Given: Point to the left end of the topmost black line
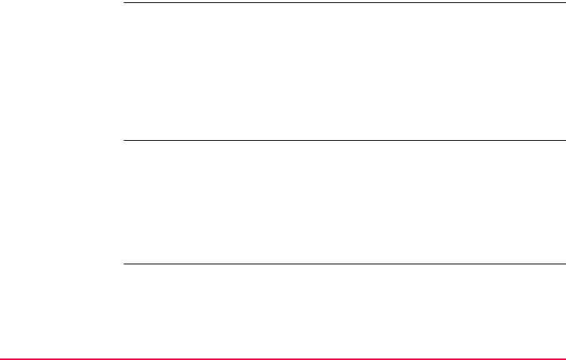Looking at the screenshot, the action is click(x=124, y=2).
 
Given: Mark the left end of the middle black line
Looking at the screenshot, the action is click(x=124, y=140).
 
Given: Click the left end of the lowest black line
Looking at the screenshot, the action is click(x=124, y=264).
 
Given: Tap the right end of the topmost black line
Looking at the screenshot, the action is click(x=564, y=2).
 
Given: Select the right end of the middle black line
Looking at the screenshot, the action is click(x=564, y=140).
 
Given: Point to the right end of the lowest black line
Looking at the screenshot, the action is click(x=564, y=264).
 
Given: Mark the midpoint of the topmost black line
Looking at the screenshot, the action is click(x=344, y=2).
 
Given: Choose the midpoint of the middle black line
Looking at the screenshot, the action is click(x=344, y=140).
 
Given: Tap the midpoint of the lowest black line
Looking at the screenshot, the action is click(x=344, y=264).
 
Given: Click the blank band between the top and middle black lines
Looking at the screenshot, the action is click(x=344, y=72).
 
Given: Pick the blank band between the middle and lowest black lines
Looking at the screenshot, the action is click(x=344, y=202).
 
